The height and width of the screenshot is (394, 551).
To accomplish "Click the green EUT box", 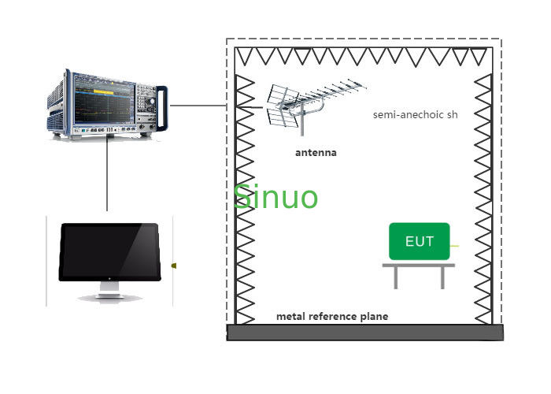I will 419,241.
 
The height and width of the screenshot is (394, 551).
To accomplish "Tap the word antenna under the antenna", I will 316,152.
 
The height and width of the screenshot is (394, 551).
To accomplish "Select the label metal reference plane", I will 331,317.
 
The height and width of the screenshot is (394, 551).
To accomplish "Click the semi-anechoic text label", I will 415,114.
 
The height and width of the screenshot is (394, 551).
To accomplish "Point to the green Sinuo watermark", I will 275,196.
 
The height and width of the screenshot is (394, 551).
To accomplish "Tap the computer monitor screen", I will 110,251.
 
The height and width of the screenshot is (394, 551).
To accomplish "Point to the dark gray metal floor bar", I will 364,333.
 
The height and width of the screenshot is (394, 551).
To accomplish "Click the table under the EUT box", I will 418,272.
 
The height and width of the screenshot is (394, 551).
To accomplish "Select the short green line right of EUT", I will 454,247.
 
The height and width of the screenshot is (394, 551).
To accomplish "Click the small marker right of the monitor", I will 173,266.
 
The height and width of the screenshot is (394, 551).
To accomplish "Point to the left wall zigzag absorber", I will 245,197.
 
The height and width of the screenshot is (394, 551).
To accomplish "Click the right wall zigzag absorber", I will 483,197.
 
